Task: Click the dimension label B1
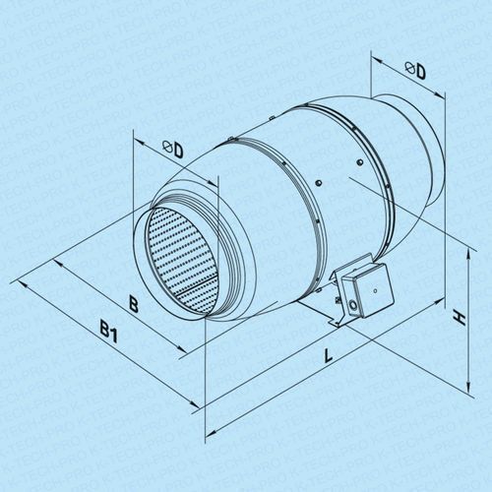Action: tap(109, 332)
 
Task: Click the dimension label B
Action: tap(133, 304)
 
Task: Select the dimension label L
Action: tap(328, 355)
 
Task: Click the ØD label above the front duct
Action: tap(173, 150)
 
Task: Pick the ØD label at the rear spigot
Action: tap(415, 70)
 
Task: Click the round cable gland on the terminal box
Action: tap(353, 304)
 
